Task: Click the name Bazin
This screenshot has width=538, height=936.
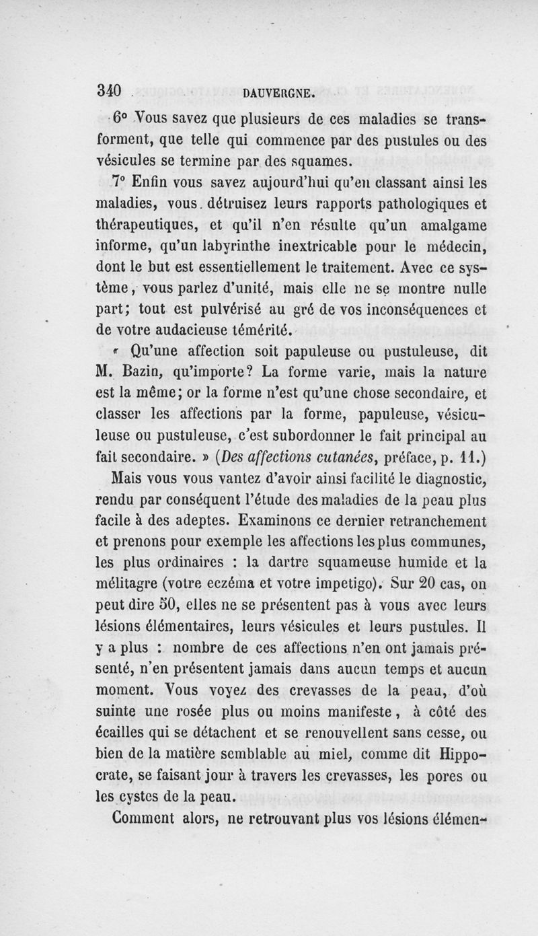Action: (143, 371)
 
